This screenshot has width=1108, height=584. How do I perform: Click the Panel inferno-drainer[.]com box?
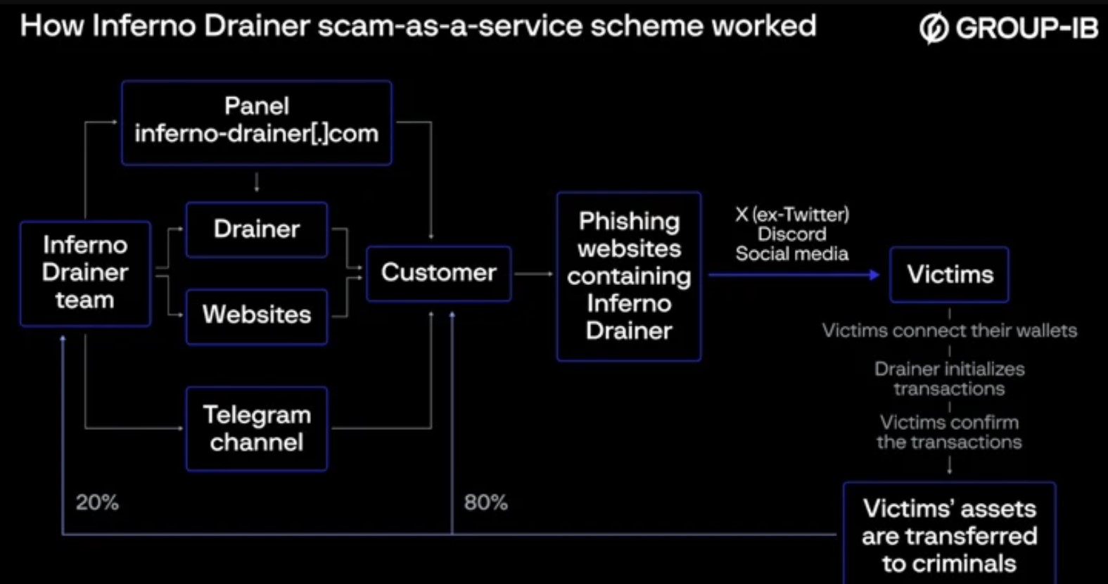coord(257,122)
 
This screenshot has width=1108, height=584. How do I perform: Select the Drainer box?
coord(257,229)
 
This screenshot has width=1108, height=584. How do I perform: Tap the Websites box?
coord(257,316)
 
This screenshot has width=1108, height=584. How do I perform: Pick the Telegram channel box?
coord(257,429)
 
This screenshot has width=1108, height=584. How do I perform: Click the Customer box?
coord(439,273)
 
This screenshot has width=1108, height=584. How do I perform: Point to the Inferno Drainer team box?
coord(86,273)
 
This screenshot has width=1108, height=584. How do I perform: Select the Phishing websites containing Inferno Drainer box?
coord(629,276)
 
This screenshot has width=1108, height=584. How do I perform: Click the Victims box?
coord(949,274)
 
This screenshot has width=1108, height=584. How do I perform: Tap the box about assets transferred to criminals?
coord(949,533)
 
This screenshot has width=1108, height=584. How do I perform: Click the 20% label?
coord(98,503)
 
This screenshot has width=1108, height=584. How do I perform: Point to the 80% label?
coord(485,503)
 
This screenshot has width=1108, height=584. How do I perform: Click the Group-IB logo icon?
coord(934,28)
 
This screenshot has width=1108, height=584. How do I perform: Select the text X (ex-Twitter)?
coord(792,215)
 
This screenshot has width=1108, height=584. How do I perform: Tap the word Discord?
coord(792,234)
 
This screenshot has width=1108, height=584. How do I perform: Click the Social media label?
coord(792,254)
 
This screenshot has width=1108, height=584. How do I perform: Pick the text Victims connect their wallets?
coord(949,331)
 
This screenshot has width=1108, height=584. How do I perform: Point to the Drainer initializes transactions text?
coord(949,379)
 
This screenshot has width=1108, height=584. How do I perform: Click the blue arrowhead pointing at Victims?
coord(874,274)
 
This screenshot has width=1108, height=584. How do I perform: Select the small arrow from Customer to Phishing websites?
coord(534,274)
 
